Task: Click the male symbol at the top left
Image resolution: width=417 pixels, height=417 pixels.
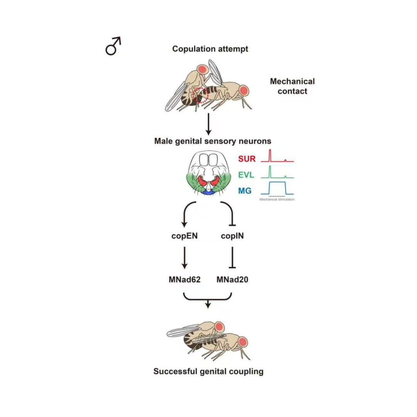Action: coord(113,46)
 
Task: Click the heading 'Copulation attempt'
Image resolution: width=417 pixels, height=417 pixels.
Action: coord(210,49)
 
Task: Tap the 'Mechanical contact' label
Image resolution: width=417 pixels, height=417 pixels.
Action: coord(292,86)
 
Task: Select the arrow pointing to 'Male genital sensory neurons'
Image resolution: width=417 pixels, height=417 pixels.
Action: coord(208,124)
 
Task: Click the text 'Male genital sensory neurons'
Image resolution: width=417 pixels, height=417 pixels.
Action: coord(213,141)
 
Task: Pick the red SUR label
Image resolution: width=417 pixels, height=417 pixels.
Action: coord(247,159)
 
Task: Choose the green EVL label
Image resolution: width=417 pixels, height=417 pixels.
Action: coord(246,175)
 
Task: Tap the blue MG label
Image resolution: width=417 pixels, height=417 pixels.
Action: coord(245,191)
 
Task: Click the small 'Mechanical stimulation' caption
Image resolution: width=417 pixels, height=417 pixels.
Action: coord(277,199)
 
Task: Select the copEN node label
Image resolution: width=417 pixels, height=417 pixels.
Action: coord(185,236)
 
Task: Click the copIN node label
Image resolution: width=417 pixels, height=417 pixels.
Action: coord(232,236)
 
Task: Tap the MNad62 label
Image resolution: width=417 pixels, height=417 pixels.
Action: coord(185,280)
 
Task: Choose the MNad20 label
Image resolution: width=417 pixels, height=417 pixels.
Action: coord(232,280)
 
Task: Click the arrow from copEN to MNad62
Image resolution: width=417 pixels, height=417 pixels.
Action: coord(185,258)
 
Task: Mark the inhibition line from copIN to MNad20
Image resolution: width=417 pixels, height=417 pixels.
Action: coord(232,257)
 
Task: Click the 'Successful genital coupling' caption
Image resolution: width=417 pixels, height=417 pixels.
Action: coord(208,371)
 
